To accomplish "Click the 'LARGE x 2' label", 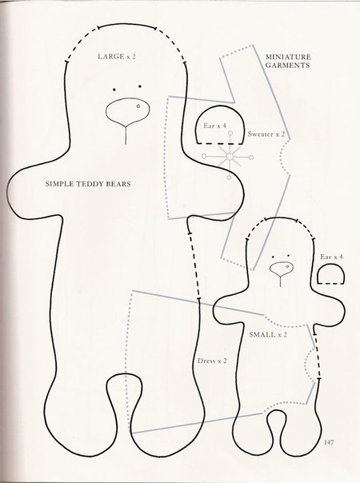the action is [x=117, y=57].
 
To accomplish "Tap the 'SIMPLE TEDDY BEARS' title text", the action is [x=88, y=184].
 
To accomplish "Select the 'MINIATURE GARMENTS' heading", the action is [x=288, y=61].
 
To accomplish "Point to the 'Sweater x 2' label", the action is [x=266, y=134].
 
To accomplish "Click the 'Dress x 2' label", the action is [x=212, y=361].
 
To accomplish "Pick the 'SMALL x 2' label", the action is [x=268, y=334].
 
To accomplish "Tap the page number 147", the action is [x=329, y=443].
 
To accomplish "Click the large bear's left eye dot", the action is [x=114, y=90].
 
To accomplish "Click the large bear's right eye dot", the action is [x=140, y=86].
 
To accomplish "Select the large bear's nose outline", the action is [x=127, y=111].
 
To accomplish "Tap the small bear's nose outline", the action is [x=281, y=269].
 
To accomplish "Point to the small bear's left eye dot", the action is [x=273, y=257].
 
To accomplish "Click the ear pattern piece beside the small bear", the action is [x=330, y=275].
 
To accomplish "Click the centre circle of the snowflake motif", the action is [x=230, y=157].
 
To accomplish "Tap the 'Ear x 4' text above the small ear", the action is [x=331, y=257].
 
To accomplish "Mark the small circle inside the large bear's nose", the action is [x=138, y=106].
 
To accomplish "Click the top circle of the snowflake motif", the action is [x=230, y=134].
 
